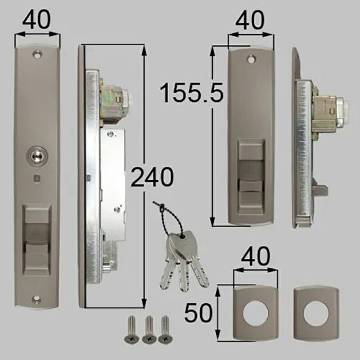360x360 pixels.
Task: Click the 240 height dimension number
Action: point(152,177)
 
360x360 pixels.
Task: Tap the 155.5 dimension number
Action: point(192,93)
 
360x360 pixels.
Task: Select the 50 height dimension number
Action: point(199,313)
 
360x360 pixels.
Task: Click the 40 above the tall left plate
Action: point(36,19)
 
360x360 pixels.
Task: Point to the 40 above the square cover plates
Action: point(255,256)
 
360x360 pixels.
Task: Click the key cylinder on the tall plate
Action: point(37,156)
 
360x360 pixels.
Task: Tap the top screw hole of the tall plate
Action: point(37,55)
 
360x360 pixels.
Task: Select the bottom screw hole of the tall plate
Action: point(37,299)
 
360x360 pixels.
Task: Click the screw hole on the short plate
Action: point(251,60)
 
